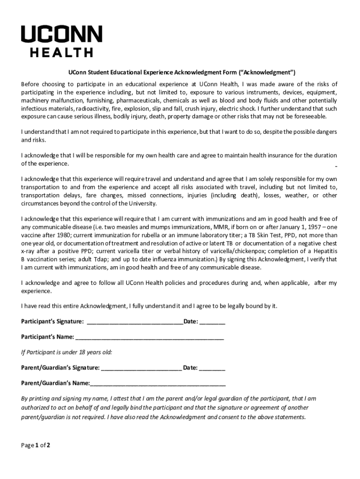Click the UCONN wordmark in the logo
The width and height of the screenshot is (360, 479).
pos(61,35)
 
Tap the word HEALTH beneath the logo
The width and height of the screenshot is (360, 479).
pos(61,53)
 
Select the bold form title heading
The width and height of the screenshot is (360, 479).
pos(180,73)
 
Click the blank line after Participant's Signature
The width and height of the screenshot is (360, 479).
pos(135,322)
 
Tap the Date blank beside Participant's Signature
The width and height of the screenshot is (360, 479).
pos(213,322)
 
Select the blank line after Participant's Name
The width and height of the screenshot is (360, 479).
pos(150,337)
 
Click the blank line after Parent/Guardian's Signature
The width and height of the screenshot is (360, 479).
pos(141,368)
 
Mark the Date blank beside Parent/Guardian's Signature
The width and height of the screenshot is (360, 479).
pos(212,368)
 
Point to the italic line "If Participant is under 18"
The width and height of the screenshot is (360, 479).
pos(66,352)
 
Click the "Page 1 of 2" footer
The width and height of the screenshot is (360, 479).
pos(36,445)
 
